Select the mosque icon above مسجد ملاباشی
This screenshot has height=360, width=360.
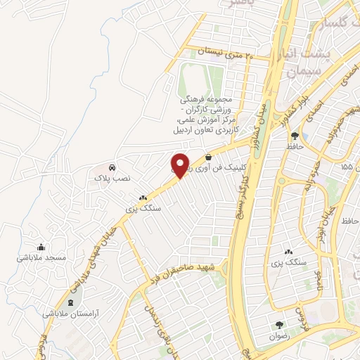(x=41, y=247)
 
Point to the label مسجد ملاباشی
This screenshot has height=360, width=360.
(x=41, y=258)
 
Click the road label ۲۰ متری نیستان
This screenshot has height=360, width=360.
(x=224, y=53)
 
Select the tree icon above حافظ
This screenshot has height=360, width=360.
(x=295, y=135)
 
